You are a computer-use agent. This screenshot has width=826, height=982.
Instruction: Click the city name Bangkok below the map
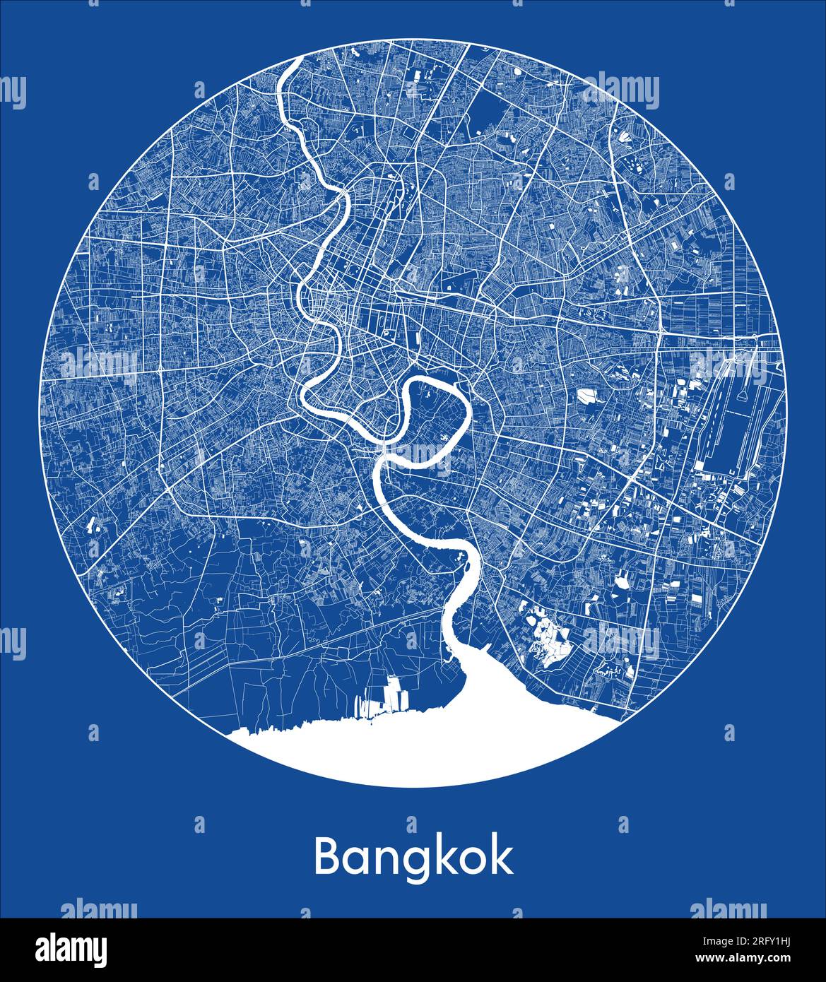[x=413, y=857]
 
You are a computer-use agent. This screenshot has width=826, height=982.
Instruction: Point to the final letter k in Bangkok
[x=501, y=856]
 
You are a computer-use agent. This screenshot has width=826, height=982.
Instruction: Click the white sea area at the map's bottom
[x=424, y=749]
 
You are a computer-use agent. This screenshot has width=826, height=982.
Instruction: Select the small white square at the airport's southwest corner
[x=700, y=466]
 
